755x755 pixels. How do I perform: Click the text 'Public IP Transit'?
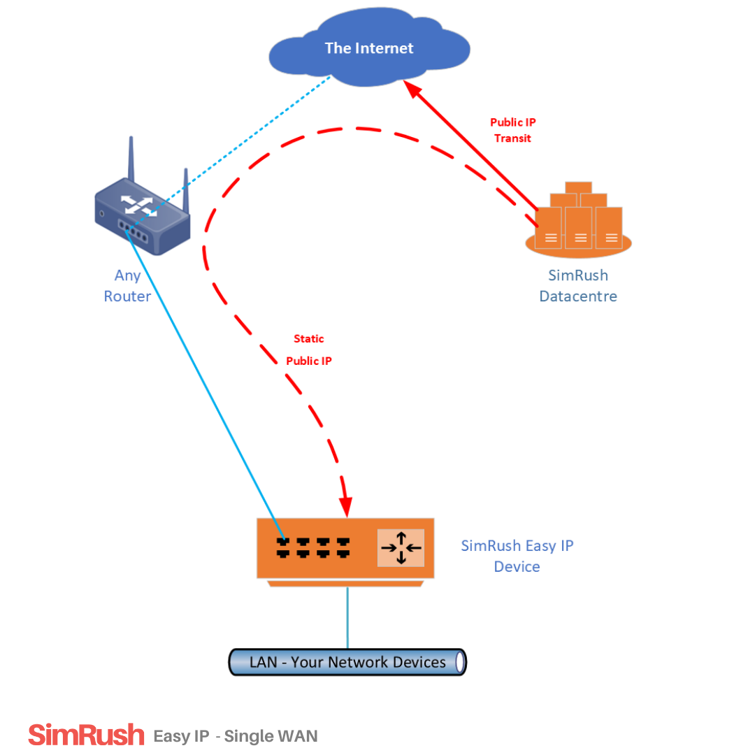512,130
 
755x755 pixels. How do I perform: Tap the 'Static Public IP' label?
309,350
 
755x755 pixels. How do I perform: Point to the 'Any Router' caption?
127,286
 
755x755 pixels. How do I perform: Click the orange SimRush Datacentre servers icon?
579,221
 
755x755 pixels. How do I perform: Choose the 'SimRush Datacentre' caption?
578,286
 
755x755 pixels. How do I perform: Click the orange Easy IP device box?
345,548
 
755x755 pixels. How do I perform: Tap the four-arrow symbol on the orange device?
401,548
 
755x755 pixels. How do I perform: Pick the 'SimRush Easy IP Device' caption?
517,556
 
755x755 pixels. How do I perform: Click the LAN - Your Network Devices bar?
347,662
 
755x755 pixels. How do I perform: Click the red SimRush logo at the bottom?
86,735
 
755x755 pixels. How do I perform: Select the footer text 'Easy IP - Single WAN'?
236,736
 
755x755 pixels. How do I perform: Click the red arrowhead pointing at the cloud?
414,89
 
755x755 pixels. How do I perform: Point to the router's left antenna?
131,161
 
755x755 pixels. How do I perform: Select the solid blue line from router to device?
203,384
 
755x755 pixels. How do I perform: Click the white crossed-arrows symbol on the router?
139,205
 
